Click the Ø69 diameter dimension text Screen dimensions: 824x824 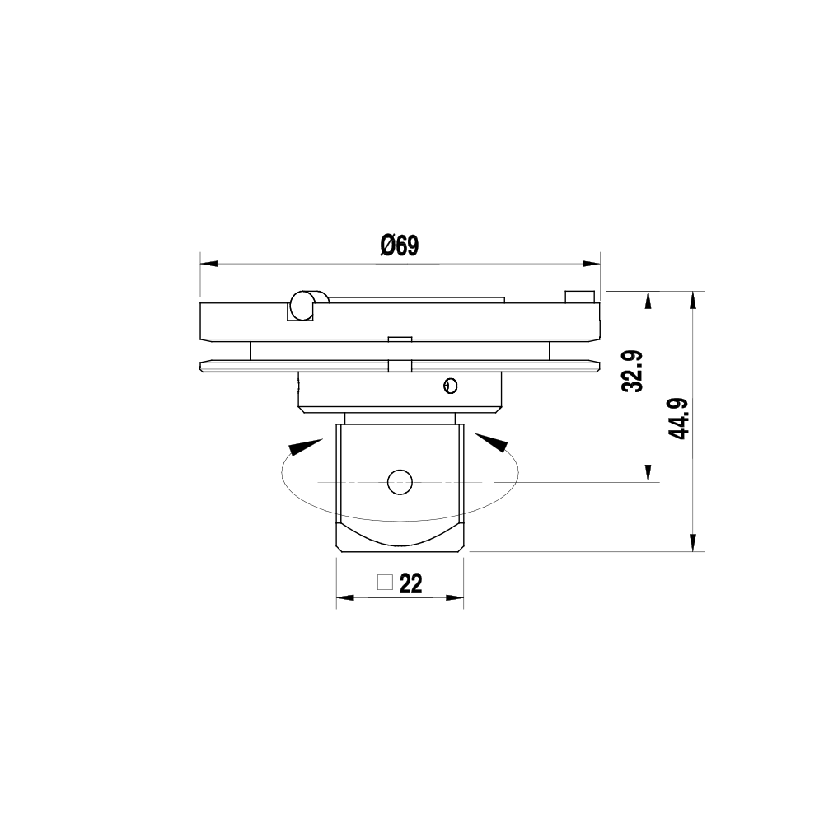pyautogui.click(x=400, y=246)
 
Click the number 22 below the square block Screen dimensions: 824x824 pyautogui.click(x=410, y=584)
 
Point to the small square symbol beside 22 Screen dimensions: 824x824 pyautogui.click(x=383, y=582)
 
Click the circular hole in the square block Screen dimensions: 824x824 pyautogui.click(x=400, y=482)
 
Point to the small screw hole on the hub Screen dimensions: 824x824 pyautogui.click(x=449, y=385)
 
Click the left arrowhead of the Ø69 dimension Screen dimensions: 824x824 pyautogui.click(x=208, y=264)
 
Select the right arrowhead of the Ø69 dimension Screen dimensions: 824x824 pyautogui.click(x=591, y=264)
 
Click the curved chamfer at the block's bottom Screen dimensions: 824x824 pyautogui.click(x=400, y=536)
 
